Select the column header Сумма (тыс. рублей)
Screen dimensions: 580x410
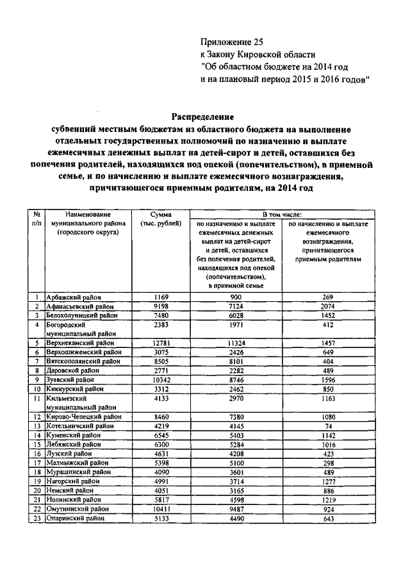pyautogui.click(x=160, y=219)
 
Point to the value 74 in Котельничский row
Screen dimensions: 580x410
pyautogui.click(x=330, y=426)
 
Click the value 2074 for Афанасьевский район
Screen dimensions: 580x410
pyautogui.click(x=330, y=306)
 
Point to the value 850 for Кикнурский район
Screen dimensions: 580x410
pyautogui.click(x=330, y=389)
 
